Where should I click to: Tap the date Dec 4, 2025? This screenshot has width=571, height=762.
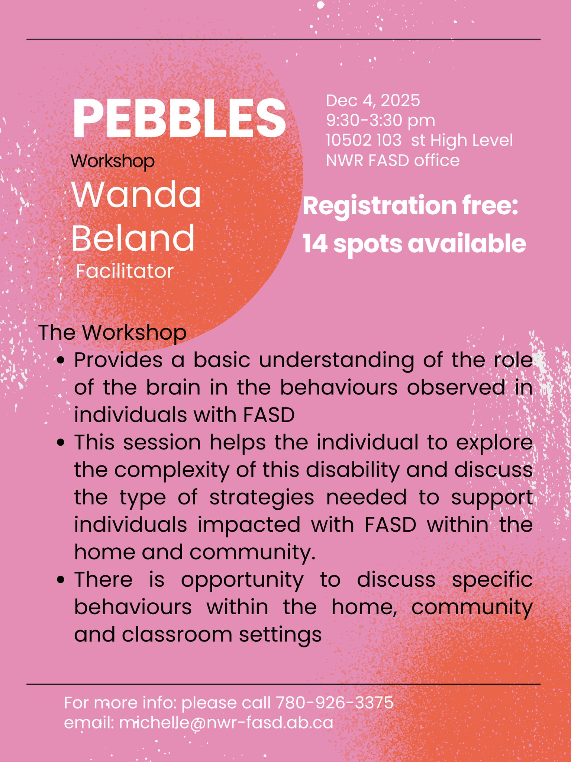tap(373, 100)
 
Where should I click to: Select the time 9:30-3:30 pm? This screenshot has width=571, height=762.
tap(380, 121)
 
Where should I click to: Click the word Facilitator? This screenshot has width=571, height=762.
tap(125, 271)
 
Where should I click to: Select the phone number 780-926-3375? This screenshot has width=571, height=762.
tap(335, 703)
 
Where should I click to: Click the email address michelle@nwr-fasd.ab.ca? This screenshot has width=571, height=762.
tap(226, 723)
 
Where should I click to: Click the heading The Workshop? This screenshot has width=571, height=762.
tap(112, 332)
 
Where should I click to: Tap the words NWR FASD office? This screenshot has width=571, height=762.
tap(393, 160)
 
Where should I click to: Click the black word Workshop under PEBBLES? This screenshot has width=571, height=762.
tap(113, 161)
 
